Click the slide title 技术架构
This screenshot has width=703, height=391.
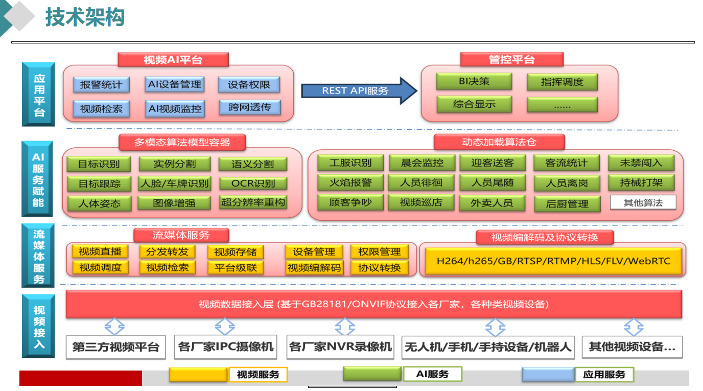coord(85,18)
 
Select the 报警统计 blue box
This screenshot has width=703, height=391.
coord(101,84)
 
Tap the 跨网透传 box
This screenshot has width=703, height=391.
coord(250,107)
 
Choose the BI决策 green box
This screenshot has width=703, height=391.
coord(474,81)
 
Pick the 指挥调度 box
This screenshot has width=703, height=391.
coord(562,82)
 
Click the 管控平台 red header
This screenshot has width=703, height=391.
coord(511,59)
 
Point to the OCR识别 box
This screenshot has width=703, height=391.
coord(253,183)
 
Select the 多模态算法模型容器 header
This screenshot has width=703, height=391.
coord(182,142)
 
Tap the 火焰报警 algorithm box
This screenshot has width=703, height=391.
coord(350,182)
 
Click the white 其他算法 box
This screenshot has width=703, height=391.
coord(643,202)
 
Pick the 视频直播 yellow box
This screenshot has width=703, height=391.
coord(100,251)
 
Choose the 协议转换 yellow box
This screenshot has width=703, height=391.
coord(379,267)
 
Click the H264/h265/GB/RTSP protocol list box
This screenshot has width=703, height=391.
coord(553,261)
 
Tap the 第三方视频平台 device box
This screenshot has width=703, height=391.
coord(115,347)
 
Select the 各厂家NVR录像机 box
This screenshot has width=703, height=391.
coord(340,347)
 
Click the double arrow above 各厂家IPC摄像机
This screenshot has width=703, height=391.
coord(225,327)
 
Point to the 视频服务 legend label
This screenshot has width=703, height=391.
coord(258,375)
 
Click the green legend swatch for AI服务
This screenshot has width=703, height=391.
coord(372,374)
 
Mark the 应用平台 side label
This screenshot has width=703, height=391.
coord(39,95)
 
